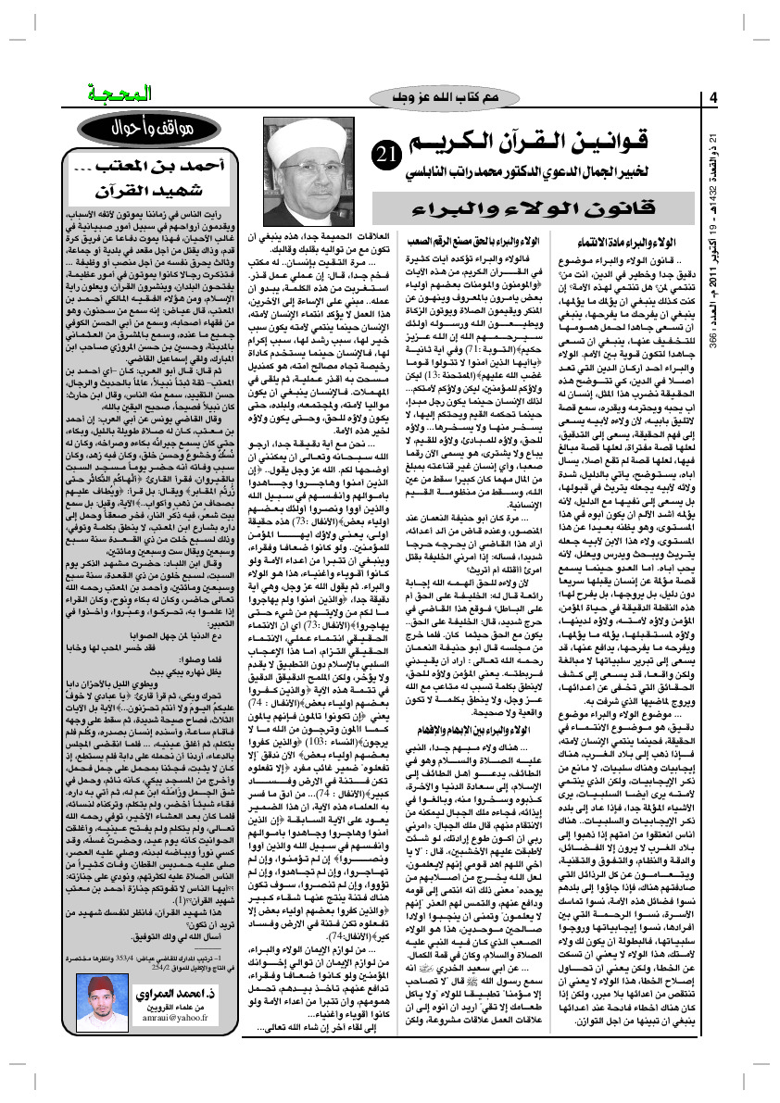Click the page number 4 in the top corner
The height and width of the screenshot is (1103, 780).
click(714, 98)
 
